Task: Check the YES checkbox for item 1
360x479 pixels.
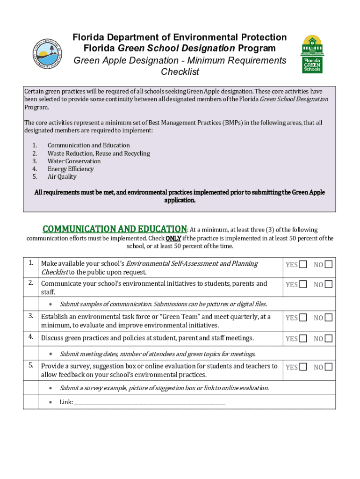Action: click(303, 265)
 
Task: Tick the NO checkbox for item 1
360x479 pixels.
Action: click(329, 265)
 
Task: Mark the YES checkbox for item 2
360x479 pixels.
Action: click(303, 284)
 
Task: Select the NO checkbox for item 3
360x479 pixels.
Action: click(329, 318)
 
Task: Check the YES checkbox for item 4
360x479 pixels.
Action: click(303, 338)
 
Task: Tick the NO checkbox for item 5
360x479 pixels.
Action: click(329, 367)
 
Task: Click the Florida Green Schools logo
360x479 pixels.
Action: click(312, 54)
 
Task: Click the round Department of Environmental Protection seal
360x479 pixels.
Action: click(47, 52)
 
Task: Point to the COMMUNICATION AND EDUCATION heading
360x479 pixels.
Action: click(115, 229)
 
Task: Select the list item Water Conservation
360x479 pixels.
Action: click(74, 161)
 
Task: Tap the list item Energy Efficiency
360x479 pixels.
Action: click(71, 169)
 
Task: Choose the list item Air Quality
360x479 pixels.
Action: click(62, 177)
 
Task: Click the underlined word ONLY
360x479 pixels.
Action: click(173, 238)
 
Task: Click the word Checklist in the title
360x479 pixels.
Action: click(180, 72)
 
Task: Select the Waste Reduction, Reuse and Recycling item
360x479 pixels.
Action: click(99, 153)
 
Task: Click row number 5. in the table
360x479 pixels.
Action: click(30, 365)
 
